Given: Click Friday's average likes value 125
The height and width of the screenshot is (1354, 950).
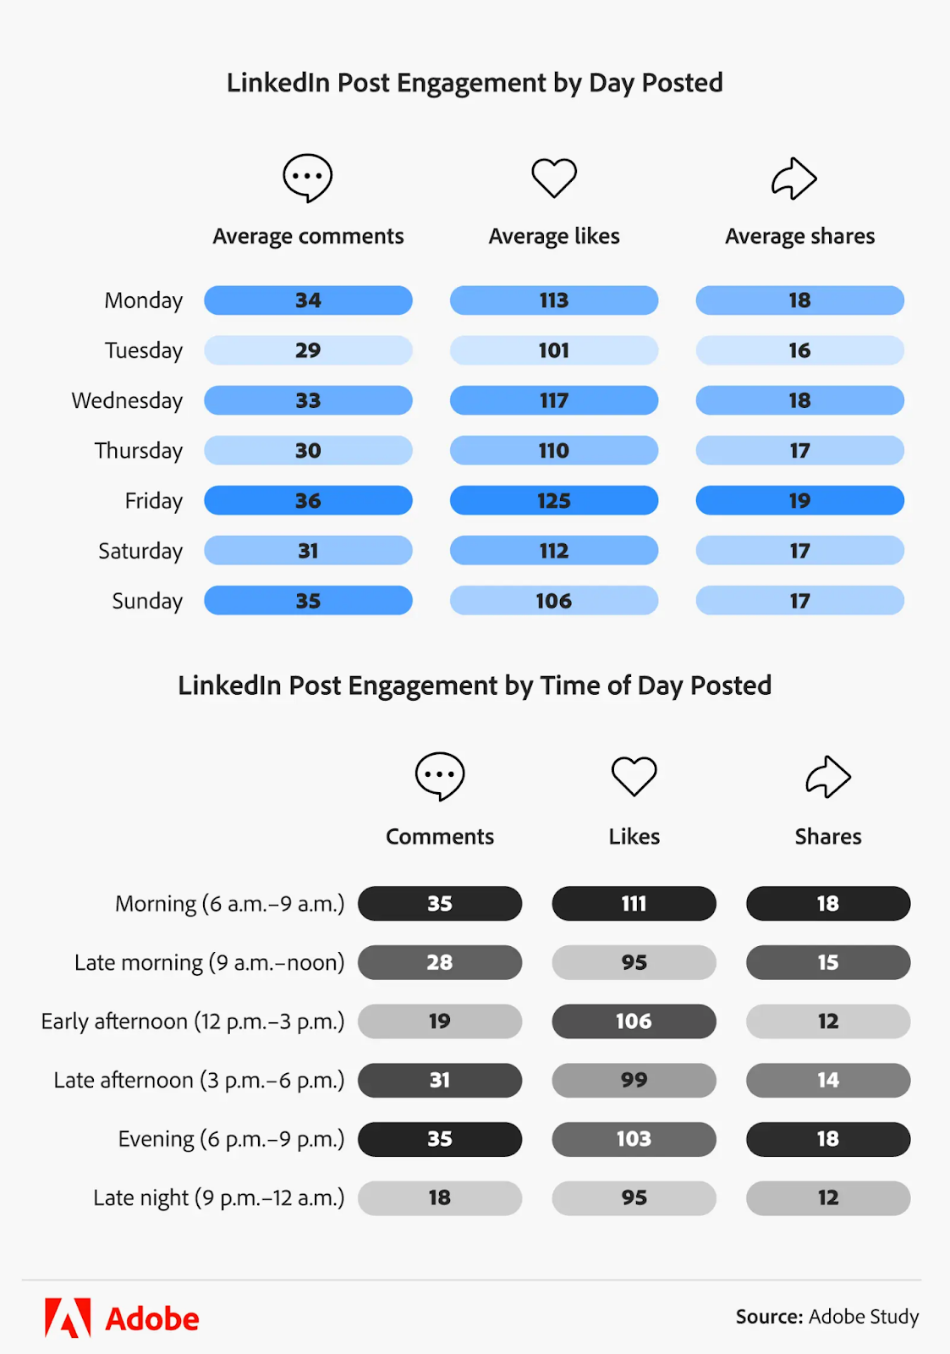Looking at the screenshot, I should pos(554,501).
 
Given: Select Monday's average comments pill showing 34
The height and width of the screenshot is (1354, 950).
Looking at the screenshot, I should pos(308,300).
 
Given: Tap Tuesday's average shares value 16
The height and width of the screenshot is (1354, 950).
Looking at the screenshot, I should pos(799,350).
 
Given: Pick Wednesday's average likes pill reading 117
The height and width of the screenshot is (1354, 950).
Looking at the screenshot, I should pos(554,400).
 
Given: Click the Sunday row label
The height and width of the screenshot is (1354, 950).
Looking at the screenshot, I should pos(147,601).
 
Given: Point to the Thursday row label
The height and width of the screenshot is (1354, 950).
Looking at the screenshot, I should pos(139,450).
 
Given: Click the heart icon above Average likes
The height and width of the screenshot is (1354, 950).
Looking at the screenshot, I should pos(554,178).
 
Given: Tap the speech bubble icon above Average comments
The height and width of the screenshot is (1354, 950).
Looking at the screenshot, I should pos(307,178).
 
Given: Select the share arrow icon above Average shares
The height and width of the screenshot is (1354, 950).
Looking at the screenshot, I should pos(793,179).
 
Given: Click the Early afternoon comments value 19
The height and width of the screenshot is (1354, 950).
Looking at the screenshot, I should pos(440,1021).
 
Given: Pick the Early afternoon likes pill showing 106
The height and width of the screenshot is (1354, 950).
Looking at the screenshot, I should pos(634,1021).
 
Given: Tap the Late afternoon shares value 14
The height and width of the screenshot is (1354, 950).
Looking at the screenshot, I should pos(828,1080).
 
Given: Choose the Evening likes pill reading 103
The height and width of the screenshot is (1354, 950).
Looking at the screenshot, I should pos(634,1139).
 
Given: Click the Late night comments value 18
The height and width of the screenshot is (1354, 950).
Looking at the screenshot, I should pos(440,1197).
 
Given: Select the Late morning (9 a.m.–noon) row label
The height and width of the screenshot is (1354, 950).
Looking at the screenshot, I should pos(209,963).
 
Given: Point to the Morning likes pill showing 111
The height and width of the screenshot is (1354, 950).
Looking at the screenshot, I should pos(634,904).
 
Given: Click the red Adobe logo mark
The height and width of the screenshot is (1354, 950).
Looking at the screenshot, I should pos(68,1318).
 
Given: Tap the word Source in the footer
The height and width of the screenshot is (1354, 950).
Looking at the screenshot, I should pos(768,1317).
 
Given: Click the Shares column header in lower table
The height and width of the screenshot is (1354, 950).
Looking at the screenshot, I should pos(828,837).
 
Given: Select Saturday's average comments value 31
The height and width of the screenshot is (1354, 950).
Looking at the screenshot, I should pos(308,551).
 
